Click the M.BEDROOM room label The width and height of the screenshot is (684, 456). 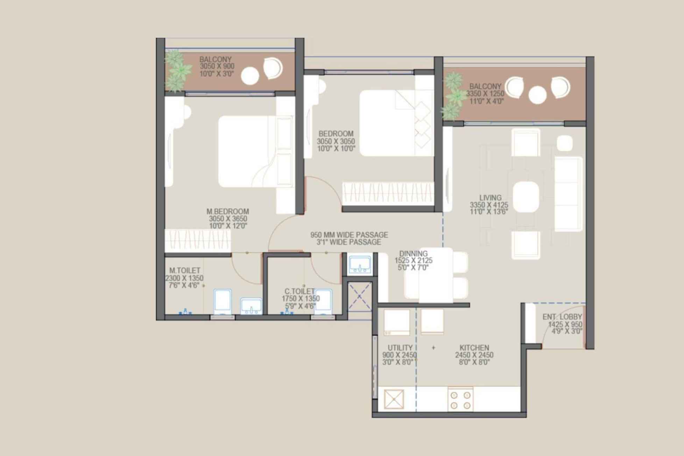(x=227, y=211)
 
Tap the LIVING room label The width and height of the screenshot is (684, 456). (x=490, y=198)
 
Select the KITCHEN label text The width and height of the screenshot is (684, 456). (x=474, y=348)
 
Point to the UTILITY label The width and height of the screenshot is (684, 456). (x=400, y=348)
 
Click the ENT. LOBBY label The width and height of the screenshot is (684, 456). (x=562, y=317)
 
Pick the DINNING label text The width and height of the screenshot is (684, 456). (x=413, y=254)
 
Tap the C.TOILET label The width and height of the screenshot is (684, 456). (x=299, y=291)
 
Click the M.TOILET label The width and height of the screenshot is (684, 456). (x=185, y=271)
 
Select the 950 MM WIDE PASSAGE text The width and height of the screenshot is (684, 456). (x=349, y=235)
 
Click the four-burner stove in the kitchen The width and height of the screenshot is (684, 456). (x=460, y=400)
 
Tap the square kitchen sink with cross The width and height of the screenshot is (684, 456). (x=394, y=399)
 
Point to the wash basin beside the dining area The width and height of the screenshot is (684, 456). (x=360, y=265)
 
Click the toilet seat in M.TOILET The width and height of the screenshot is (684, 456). (x=222, y=300)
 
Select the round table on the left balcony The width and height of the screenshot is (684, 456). (x=250, y=76)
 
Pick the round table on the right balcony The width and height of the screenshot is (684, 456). (x=537, y=95)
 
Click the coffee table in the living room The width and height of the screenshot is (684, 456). (x=526, y=196)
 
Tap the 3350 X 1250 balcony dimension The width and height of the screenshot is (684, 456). (x=485, y=94)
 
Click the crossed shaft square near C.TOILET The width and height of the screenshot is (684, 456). (x=360, y=297)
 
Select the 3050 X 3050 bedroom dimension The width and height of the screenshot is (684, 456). (x=336, y=141)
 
